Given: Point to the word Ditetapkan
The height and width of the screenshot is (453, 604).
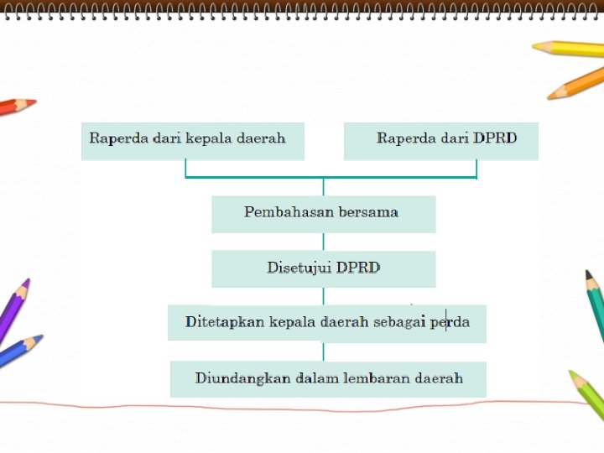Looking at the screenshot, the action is click(225, 322).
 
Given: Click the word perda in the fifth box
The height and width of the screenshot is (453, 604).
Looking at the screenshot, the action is click(450, 322).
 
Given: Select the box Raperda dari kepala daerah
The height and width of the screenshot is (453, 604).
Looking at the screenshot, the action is click(192, 141).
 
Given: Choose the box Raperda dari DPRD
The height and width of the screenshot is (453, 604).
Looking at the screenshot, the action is click(440, 141).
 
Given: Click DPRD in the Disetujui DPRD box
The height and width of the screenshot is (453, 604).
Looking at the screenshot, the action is click(358, 268).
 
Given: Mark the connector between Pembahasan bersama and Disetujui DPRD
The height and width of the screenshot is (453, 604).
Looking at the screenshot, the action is click(324, 242).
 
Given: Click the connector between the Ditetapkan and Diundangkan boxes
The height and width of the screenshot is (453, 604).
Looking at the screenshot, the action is click(324, 351).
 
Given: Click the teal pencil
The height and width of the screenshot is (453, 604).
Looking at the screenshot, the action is click(595, 302).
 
